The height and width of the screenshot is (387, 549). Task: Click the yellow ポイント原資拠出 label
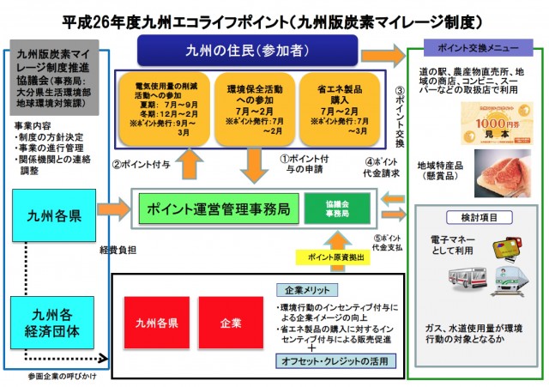coord(334,257)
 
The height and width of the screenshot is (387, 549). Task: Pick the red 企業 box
coord(231,323)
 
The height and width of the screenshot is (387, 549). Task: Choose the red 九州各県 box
coord(156,323)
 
